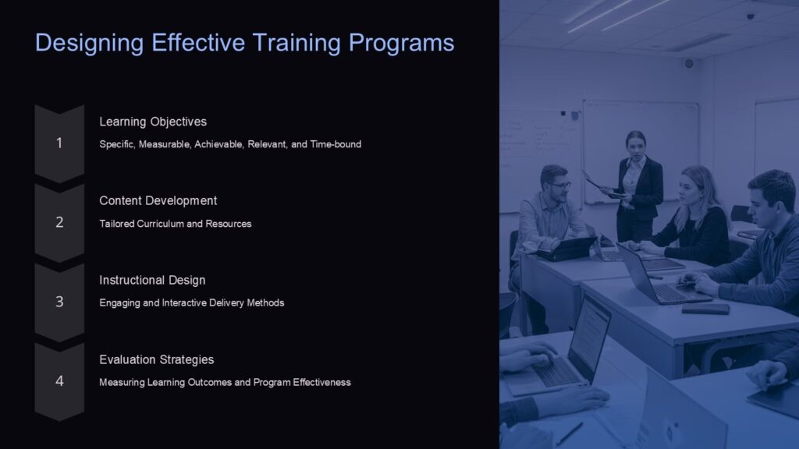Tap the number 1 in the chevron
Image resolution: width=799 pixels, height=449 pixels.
(59, 143)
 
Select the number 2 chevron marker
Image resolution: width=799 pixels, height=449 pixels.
(59, 223)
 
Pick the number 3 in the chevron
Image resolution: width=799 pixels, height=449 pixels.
(59, 302)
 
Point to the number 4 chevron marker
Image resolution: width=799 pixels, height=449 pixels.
(59, 381)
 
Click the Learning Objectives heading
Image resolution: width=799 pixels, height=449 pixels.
(153, 122)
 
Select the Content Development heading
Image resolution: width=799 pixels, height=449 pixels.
(158, 201)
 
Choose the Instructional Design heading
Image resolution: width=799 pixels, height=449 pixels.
(152, 280)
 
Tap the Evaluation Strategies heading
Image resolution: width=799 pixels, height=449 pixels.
(156, 359)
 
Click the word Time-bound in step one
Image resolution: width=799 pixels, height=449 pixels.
(336, 144)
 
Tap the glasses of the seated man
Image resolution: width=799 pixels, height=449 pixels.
(559, 185)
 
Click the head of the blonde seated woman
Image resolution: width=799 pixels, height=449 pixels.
(693, 184)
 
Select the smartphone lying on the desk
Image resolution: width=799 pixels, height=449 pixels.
(705, 309)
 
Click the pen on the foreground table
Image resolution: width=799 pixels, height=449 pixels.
(569, 433)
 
